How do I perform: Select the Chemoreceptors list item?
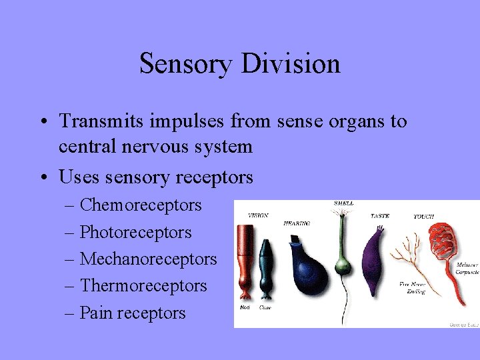click(x=141, y=205)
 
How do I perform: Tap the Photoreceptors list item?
click(x=135, y=233)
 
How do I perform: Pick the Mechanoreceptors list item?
click(x=148, y=259)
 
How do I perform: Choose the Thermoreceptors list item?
click(x=143, y=286)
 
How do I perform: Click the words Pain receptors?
click(x=133, y=313)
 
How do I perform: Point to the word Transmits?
click(x=99, y=121)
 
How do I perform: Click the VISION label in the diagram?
click(x=258, y=215)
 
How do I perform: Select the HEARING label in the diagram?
click(x=296, y=223)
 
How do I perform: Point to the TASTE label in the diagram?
click(x=380, y=215)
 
